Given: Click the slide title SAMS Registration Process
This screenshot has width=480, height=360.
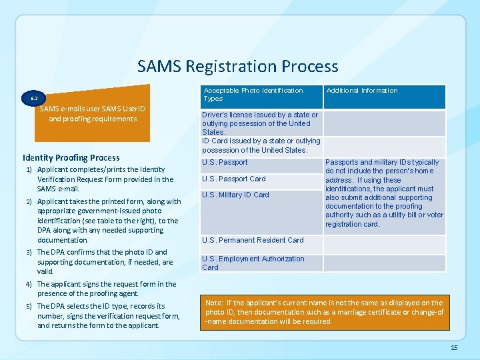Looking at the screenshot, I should click(237, 67).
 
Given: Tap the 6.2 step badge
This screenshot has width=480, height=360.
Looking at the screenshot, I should click(34, 98).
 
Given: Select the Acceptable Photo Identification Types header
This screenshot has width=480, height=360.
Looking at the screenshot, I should click(253, 95).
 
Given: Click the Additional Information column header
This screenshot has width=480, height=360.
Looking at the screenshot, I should click(361, 91).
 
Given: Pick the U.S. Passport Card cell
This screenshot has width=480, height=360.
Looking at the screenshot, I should click(233, 179).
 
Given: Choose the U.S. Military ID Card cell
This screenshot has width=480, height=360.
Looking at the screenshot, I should click(235, 195).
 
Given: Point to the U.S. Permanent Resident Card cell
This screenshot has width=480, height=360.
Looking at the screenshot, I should click(253, 240).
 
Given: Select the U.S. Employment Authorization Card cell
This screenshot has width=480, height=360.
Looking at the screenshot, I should click(253, 263).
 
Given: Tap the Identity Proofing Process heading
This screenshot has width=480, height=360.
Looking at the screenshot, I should click(71, 158).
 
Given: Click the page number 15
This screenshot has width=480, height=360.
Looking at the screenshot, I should click(454, 347).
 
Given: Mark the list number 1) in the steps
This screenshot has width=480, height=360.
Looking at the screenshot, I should click(29, 170).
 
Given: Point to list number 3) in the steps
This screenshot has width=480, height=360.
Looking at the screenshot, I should click(29, 253).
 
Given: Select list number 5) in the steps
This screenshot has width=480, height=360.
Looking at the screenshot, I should click(29, 307).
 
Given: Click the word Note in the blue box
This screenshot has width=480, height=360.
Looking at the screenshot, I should click(214, 303).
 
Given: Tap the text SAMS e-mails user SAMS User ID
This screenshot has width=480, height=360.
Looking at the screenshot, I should click(93, 109).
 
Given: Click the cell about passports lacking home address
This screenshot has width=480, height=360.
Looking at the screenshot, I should click(384, 193).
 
